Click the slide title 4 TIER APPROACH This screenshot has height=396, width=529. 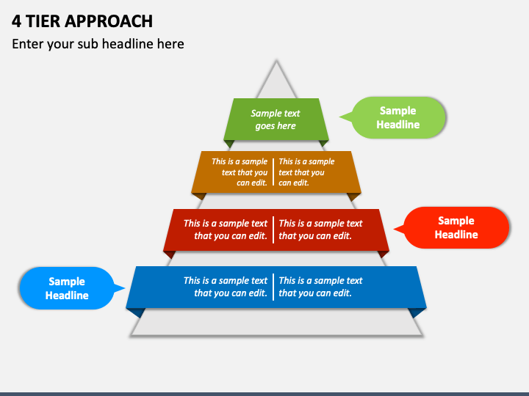tap(82, 21)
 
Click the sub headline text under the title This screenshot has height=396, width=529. tap(98, 44)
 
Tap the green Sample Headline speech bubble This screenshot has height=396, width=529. tap(398, 117)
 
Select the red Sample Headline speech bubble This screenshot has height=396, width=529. tap(456, 227)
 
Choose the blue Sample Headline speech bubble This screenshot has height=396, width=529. tap(67, 288)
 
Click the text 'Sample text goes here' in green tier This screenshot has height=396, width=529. tap(276, 120)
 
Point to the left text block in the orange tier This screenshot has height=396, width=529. tap(240, 172)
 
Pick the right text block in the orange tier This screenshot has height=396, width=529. tap(306, 172)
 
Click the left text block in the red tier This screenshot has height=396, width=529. tap(226, 230)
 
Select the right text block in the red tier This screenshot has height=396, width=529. tap(320, 230)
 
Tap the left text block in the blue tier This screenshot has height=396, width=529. tap(226, 287)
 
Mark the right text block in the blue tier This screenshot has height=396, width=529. tap(320, 287)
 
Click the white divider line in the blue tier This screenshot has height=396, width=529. tap(273, 287)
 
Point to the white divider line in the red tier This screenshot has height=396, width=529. tap(273, 230)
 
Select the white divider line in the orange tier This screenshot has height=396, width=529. tap(273, 172)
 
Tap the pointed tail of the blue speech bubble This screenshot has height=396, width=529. tap(120, 288)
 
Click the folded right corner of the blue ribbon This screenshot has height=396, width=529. tap(417, 312)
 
